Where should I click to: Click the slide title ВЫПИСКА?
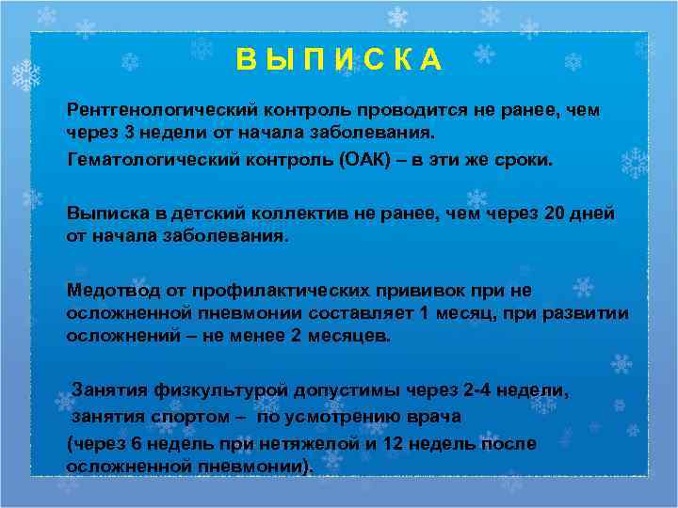click(x=339, y=59)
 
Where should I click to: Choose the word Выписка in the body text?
click(x=106, y=214)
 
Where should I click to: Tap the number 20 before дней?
click(x=557, y=214)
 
